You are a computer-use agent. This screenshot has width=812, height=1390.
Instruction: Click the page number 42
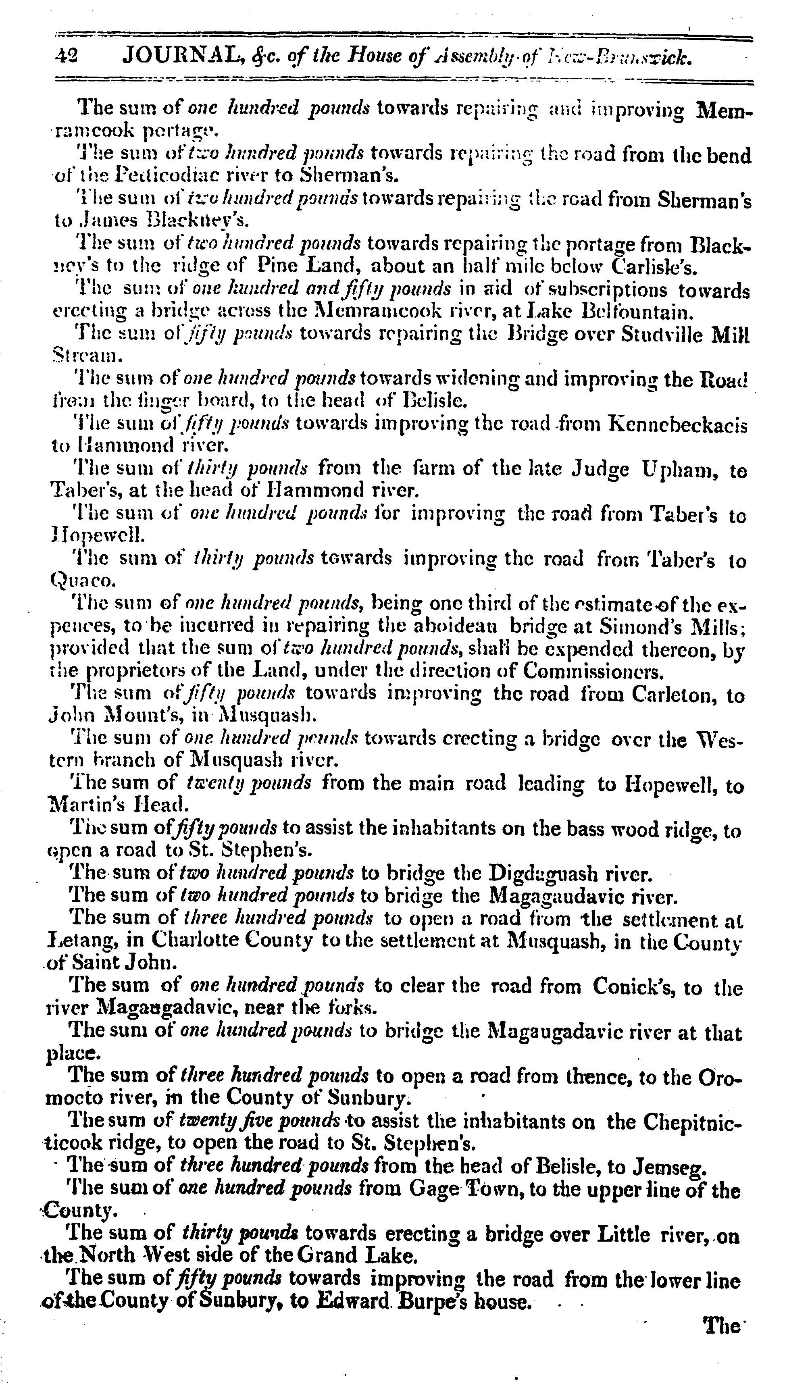(67, 56)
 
